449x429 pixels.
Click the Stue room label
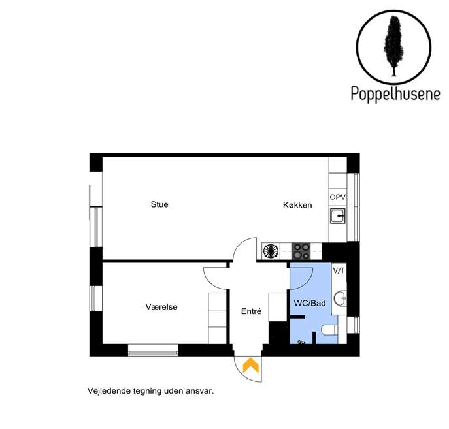click(x=159, y=204)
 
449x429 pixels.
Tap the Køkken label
click(x=297, y=205)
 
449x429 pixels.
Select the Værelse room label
click(x=161, y=307)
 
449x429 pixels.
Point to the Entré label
click(x=251, y=311)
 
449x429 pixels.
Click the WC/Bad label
click(x=310, y=303)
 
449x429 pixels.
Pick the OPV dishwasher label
click(x=338, y=197)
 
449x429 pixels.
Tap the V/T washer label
click(x=339, y=270)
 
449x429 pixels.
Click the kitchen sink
click(x=338, y=216)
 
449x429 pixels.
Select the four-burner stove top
click(x=301, y=251)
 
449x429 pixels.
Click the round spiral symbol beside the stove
click(x=271, y=251)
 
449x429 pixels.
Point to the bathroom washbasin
click(x=341, y=299)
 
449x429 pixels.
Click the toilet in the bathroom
click(x=329, y=330)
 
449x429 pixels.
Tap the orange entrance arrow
click(x=251, y=365)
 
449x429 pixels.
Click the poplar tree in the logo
click(x=393, y=46)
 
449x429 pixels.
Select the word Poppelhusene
click(x=395, y=93)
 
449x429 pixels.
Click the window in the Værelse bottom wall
click(x=153, y=351)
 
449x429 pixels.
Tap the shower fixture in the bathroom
click(x=301, y=342)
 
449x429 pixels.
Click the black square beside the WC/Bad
click(x=278, y=332)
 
